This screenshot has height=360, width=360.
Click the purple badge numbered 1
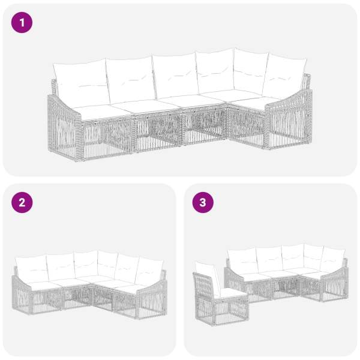coord(22,23)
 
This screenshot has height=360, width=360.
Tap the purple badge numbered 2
coord(22,203)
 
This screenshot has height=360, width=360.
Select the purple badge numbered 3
coord(203,203)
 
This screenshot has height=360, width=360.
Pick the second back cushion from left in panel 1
coord(131,79)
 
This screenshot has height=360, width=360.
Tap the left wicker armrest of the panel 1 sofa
coord(64,126)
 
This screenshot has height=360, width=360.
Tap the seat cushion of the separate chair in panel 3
coord(232,293)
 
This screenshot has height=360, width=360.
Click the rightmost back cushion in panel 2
coord(149,272)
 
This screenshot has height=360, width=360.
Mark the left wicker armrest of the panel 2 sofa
coord(23,295)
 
